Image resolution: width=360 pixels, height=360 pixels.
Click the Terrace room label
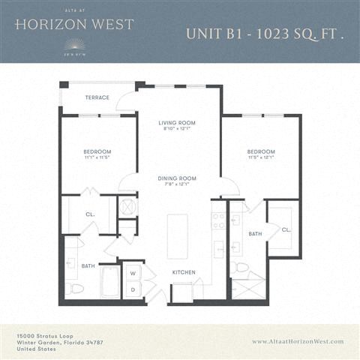(97, 97)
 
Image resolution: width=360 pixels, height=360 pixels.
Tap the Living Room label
(177, 123)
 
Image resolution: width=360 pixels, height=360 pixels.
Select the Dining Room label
(177, 178)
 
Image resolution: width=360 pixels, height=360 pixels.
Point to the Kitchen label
(184, 272)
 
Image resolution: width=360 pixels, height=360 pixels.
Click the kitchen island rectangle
(177, 235)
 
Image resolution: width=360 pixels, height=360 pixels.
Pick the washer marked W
(132, 273)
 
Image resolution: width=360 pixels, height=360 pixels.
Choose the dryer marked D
(132, 289)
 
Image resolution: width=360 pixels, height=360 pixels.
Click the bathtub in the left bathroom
(110, 283)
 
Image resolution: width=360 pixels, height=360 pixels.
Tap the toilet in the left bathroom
(76, 287)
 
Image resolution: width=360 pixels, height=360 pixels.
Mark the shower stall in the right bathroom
(248, 288)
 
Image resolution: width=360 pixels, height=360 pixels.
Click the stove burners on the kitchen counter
(218, 220)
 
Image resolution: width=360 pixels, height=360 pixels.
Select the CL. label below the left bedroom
(90, 214)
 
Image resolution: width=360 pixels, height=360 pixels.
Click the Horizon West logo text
(73, 24)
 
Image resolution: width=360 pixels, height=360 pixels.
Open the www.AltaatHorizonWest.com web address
(298, 341)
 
